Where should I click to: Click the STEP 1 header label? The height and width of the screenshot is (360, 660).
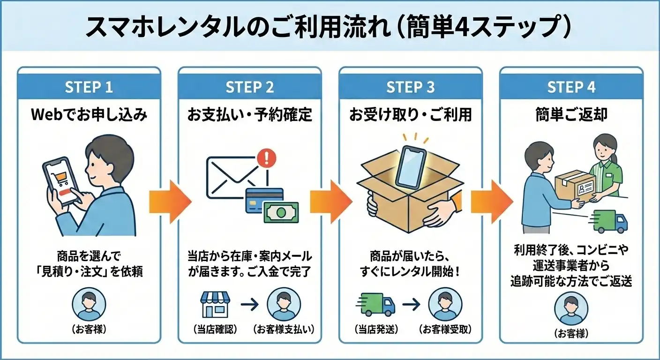(x=89, y=88)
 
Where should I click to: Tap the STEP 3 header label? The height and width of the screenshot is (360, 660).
(x=411, y=88)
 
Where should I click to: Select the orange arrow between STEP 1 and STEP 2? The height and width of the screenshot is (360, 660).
(x=170, y=202)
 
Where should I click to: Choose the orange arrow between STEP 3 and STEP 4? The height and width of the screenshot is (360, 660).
(x=491, y=202)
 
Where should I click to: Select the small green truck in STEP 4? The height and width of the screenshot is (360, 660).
(x=610, y=221)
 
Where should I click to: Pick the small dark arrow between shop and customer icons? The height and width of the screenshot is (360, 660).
(x=249, y=304)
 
